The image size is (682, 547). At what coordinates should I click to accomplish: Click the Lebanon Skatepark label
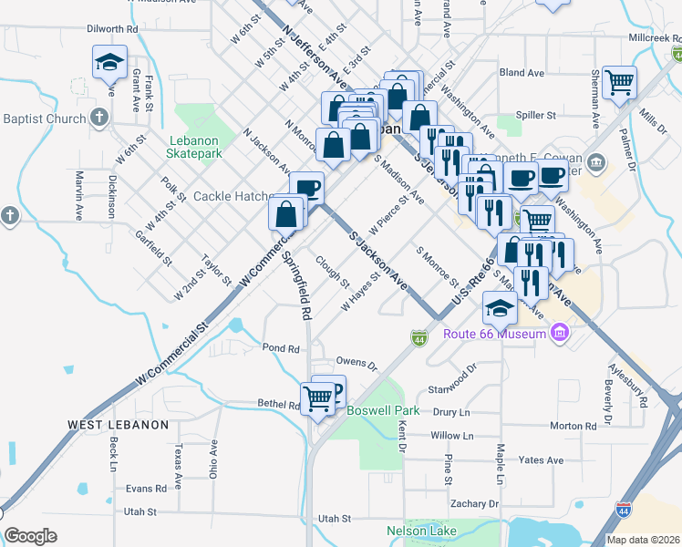(x=194, y=147)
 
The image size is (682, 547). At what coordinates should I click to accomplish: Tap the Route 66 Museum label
(x=494, y=334)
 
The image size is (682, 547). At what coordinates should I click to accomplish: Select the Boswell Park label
(x=383, y=410)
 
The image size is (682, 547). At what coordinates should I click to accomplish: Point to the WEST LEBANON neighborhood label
(x=118, y=425)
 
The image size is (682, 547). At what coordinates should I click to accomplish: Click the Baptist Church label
(x=44, y=119)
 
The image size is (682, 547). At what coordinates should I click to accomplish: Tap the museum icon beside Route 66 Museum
(x=561, y=334)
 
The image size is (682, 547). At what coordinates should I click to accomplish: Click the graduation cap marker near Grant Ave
(x=109, y=64)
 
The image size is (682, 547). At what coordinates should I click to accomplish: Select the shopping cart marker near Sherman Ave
(x=620, y=83)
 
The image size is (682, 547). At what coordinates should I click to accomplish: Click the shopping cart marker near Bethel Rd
(x=317, y=398)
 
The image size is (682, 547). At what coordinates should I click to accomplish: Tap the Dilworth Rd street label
(x=111, y=29)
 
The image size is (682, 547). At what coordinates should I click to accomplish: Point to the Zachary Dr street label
(x=474, y=503)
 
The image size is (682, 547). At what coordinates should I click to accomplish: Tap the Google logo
(x=31, y=536)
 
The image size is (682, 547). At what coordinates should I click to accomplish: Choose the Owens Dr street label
(x=356, y=364)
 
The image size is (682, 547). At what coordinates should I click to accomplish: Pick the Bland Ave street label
(x=522, y=72)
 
